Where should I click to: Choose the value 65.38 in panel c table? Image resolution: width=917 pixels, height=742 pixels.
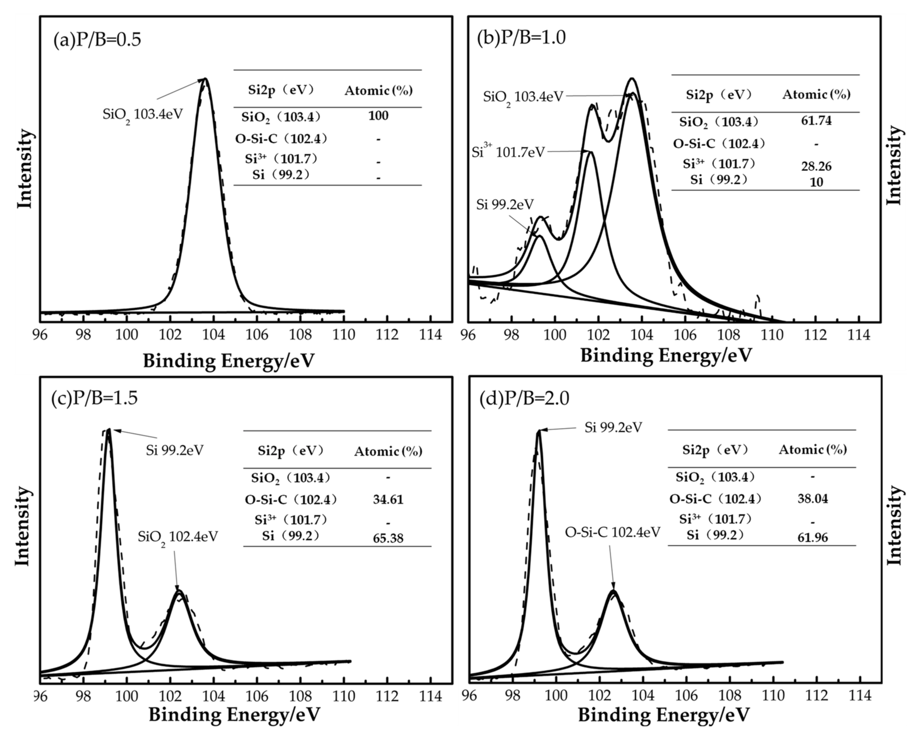tap(388, 538)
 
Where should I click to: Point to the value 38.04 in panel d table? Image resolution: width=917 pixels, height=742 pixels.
tap(812, 498)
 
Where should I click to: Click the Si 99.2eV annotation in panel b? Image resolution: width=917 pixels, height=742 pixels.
tap(505, 205)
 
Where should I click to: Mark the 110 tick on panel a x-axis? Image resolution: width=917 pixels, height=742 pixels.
tap(344, 335)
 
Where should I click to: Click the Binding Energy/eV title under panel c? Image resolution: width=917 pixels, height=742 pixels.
tap(234, 715)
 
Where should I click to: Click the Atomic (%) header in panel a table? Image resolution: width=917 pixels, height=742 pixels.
tap(378, 91)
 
